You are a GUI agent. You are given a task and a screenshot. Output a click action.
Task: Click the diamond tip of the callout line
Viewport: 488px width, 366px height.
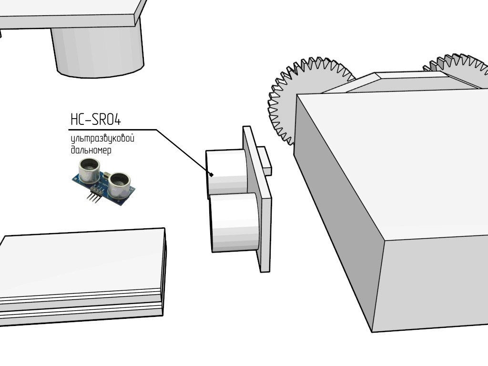pyautogui.click(x=211, y=174)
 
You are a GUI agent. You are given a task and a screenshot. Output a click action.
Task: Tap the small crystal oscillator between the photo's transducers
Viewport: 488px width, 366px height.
pyautogui.click(x=108, y=174)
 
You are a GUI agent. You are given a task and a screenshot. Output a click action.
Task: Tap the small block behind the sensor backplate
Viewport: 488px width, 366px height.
pyautogui.click(x=264, y=160)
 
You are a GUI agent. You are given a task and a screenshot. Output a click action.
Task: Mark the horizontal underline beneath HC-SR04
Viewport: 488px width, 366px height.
pyautogui.click(x=112, y=129)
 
